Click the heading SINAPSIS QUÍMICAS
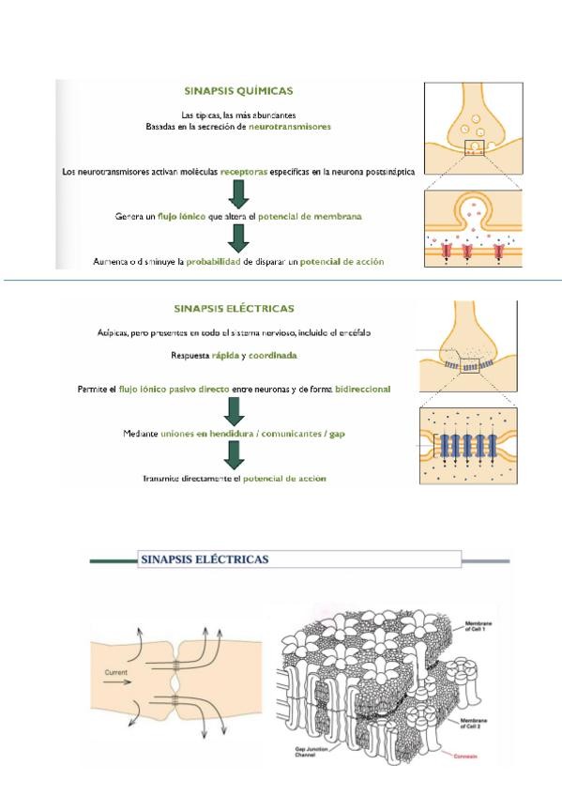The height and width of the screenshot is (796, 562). (238, 91)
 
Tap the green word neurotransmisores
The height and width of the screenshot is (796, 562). (290, 127)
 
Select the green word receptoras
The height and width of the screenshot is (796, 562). (243, 172)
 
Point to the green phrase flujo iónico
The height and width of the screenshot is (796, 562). (182, 216)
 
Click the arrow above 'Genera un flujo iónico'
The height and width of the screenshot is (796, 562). (238, 194)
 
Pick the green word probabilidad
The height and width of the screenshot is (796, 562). (213, 262)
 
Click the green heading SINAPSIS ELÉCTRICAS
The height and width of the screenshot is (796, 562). (234, 309)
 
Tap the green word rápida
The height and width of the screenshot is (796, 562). (225, 356)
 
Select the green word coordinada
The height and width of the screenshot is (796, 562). (272, 356)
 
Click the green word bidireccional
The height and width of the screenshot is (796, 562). (363, 390)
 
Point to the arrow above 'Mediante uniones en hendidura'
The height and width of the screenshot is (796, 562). (235, 412)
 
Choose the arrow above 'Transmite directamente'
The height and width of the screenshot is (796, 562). (235, 455)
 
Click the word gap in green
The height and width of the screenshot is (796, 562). (337, 435)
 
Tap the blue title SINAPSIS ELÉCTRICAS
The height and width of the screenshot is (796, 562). (205, 559)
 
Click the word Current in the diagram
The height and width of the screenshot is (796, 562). (116, 672)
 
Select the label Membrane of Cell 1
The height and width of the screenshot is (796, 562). (478, 626)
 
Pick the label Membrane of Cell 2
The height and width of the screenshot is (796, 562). (473, 724)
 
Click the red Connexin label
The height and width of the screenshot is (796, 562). (465, 757)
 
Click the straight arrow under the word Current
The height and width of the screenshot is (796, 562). (117, 681)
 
